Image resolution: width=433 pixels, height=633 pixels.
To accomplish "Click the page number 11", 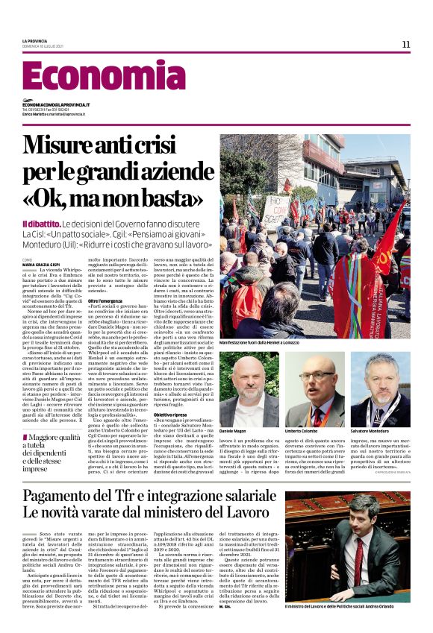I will click(x=405, y=44).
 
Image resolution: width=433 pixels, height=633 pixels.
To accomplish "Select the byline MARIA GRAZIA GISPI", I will click(x=42, y=263).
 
